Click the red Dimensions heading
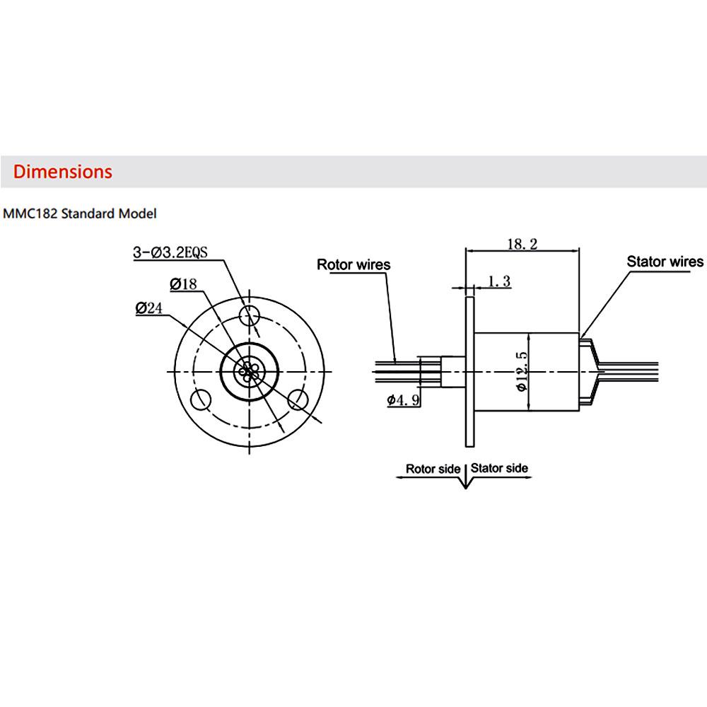point(63,172)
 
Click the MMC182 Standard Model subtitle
point(80,214)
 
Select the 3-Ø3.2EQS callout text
point(170,252)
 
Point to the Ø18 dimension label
point(183,284)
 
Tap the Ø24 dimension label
point(148,308)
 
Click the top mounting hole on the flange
point(250,315)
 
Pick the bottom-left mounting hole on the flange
point(201,399)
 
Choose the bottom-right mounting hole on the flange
point(298,399)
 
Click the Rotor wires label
point(353,264)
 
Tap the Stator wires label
point(665,262)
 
